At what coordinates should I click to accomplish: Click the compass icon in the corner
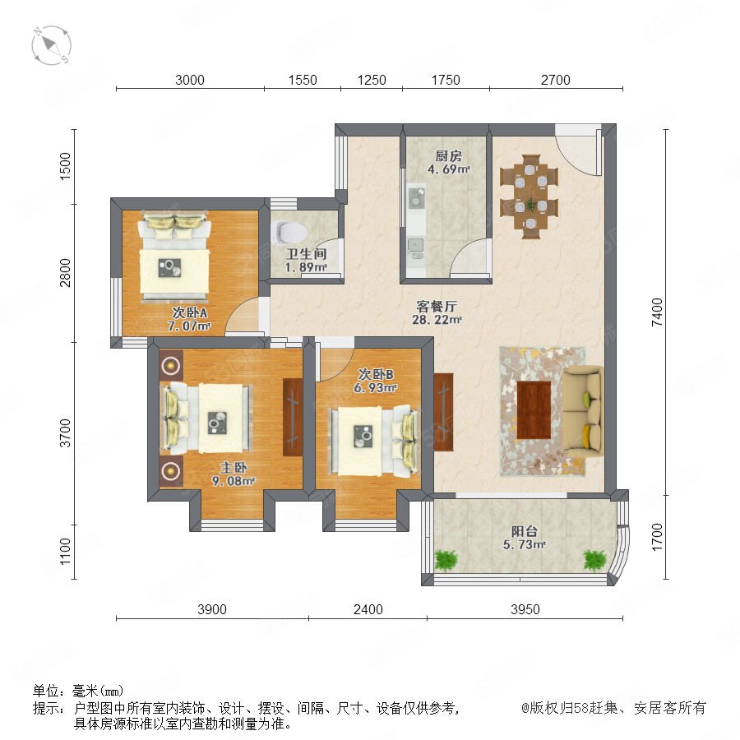(52, 46)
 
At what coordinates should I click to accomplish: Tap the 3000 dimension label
(190, 80)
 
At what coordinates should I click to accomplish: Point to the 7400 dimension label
(656, 312)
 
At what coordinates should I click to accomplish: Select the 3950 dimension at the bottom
(525, 609)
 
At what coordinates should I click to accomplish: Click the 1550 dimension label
(303, 80)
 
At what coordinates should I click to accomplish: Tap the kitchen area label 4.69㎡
(448, 169)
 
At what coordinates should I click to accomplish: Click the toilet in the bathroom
(291, 232)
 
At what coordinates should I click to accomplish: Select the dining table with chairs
(530, 197)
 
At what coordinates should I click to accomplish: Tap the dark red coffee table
(534, 409)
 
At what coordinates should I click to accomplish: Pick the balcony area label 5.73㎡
(524, 544)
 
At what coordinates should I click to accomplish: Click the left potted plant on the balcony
(446, 560)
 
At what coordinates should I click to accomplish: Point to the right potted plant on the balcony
(594, 560)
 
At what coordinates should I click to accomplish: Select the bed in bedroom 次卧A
(174, 257)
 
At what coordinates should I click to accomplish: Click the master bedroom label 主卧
(234, 468)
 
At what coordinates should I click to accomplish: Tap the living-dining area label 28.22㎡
(437, 320)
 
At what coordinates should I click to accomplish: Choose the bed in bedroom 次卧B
(373, 441)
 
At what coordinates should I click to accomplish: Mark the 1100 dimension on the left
(65, 551)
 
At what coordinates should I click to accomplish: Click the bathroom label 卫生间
(307, 254)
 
